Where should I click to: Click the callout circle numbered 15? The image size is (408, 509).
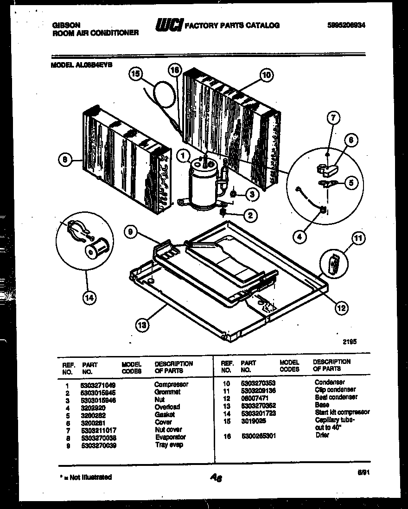[x=135, y=73]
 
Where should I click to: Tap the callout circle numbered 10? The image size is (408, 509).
[x=266, y=75]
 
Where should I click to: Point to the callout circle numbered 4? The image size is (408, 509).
[x=299, y=237]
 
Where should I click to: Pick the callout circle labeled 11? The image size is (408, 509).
[x=357, y=239]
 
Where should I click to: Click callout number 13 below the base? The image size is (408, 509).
[x=143, y=326]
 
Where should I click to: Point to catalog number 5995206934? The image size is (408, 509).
[x=343, y=26]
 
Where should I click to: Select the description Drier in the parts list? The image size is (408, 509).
[x=322, y=435]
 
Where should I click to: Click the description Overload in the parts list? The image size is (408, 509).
[x=167, y=407]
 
